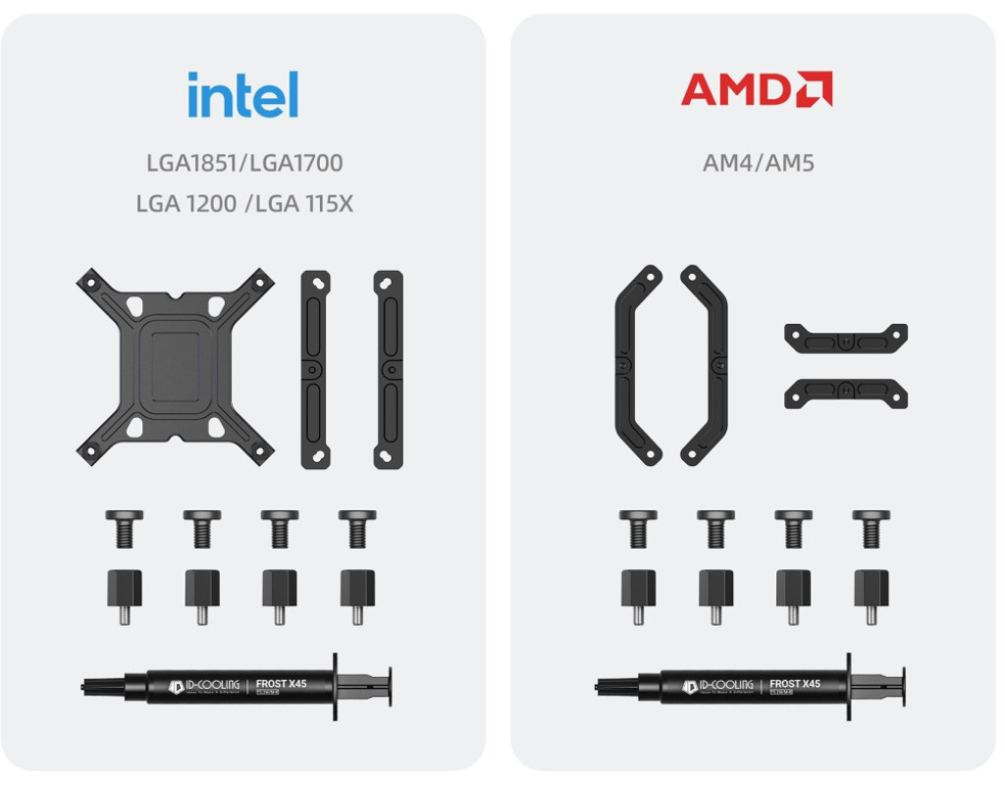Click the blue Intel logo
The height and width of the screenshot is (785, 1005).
coord(242,94)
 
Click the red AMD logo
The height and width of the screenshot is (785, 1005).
coord(757,89)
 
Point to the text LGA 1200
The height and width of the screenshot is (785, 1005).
coord(186,204)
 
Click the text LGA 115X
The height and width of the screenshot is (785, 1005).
coord(303,204)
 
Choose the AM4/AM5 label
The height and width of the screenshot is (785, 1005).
coord(758,162)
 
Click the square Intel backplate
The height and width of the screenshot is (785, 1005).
coord(176,366)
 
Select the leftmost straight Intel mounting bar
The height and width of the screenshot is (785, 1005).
coord(315,368)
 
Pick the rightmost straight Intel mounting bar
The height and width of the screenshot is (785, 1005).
coord(388,368)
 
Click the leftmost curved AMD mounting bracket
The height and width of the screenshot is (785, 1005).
coord(638,364)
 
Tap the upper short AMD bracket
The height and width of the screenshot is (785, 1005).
coord(845,339)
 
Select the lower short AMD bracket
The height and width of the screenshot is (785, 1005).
coord(845,393)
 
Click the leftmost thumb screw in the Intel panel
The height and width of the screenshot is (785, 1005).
coord(125,527)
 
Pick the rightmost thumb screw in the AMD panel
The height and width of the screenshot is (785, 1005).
coord(871,527)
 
